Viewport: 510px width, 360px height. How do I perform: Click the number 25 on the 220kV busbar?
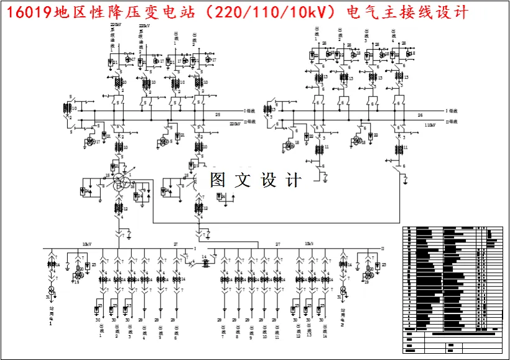218,114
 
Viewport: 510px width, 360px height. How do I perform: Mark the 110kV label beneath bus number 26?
429,125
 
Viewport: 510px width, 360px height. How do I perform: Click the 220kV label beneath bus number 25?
235,124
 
